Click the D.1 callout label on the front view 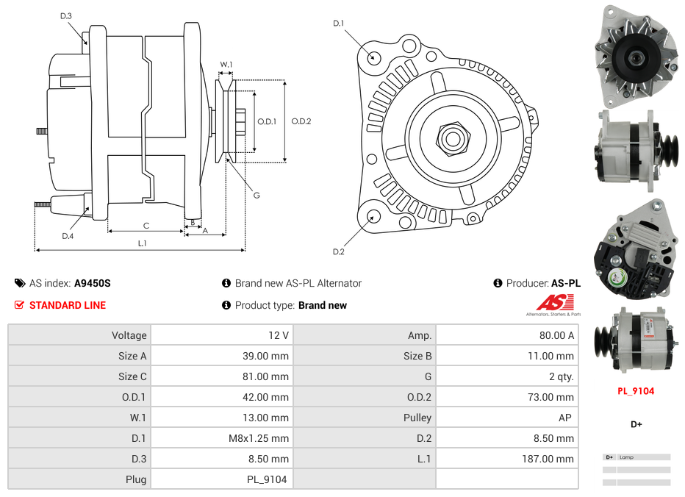click(x=338, y=24)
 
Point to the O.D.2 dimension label click(x=301, y=121)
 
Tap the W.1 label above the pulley click(x=226, y=65)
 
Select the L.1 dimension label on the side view click(x=143, y=243)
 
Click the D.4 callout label click(x=68, y=236)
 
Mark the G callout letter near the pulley click(x=257, y=195)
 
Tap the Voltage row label click(x=129, y=335)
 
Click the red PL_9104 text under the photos click(x=636, y=391)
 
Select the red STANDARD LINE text click(x=67, y=305)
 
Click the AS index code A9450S click(x=93, y=283)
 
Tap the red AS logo click(x=554, y=303)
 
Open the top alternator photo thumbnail click(x=636, y=55)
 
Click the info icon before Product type click(x=226, y=305)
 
